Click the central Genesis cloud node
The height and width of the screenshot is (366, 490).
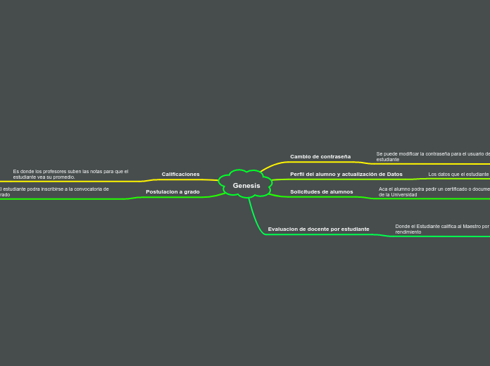coord(246,186)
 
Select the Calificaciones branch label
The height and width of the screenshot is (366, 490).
coord(180,174)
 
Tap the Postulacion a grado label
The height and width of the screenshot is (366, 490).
coord(172,191)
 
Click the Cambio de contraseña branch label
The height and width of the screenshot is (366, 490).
coord(320,156)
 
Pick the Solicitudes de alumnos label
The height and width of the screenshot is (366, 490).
coord(321,191)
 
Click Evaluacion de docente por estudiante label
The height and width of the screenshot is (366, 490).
coord(318,229)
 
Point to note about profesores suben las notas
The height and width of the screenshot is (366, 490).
coord(70,174)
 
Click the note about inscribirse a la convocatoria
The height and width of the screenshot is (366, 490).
coord(55,191)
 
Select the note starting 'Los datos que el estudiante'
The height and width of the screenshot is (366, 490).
coord(458,174)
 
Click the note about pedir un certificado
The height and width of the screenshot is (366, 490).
coord(433,191)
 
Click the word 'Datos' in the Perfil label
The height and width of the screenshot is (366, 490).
coord(394,174)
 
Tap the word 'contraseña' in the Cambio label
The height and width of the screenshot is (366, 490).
coord(335,156)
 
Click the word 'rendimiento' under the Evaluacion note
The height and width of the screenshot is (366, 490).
coord(408,232)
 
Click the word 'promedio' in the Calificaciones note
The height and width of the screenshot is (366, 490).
coord(63,177)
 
